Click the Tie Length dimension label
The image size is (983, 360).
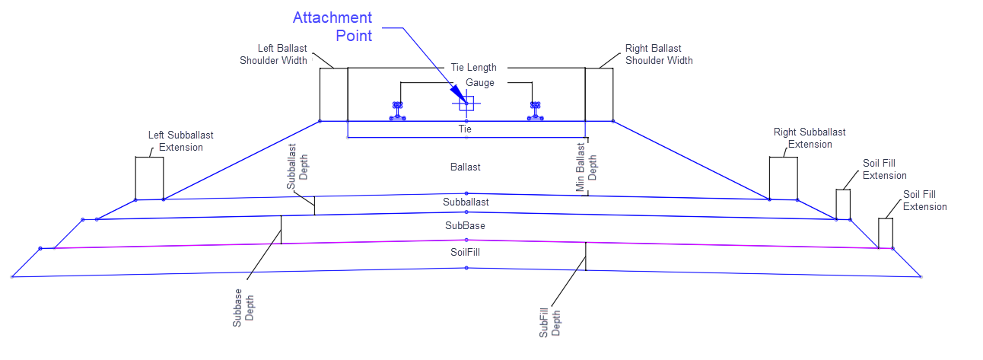468,68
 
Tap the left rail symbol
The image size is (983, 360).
397,111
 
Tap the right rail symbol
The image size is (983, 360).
536,111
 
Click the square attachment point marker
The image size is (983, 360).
466,104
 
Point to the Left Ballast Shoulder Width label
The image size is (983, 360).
273,55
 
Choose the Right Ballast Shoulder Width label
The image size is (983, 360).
659,54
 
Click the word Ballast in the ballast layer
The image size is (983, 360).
465,167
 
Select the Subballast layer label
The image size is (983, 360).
466,202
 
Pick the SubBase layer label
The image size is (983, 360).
465,226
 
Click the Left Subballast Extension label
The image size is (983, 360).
180,141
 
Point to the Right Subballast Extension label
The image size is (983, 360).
810,138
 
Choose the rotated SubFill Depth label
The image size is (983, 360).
549,318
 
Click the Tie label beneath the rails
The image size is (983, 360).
466,129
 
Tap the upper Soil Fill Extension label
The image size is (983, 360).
885,169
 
